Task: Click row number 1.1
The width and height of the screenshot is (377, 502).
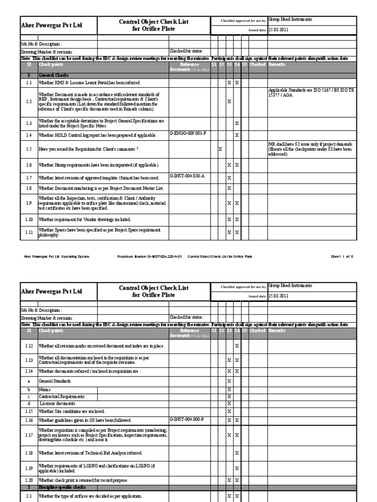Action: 29,83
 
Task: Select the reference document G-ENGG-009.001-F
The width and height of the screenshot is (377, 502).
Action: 188,133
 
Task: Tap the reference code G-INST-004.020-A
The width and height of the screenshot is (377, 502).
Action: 187,176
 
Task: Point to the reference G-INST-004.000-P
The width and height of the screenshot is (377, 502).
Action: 187,420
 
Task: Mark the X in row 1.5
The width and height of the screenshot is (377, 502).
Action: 220,149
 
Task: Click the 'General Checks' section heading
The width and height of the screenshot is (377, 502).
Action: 53,74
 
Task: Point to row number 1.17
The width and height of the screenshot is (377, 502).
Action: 29,435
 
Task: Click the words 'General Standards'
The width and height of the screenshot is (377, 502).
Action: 54,381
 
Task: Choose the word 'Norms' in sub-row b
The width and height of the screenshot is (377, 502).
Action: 45,389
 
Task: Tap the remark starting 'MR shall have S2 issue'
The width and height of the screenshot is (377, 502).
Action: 310,149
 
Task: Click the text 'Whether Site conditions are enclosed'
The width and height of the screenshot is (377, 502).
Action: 71,411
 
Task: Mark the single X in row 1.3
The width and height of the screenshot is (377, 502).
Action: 237,123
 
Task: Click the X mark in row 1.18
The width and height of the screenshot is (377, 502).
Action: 237,453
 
